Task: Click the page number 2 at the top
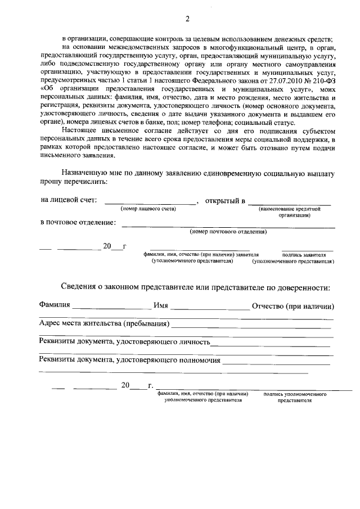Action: [x=188, y=19]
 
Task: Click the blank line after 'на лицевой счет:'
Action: [x=150, y=202]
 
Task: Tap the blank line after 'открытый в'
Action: [x=289, y=202]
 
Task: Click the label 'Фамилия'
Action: [x=55, y=305]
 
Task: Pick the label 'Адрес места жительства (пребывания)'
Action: [x=104, y=324]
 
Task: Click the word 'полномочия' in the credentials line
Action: [x=199, y=360]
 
